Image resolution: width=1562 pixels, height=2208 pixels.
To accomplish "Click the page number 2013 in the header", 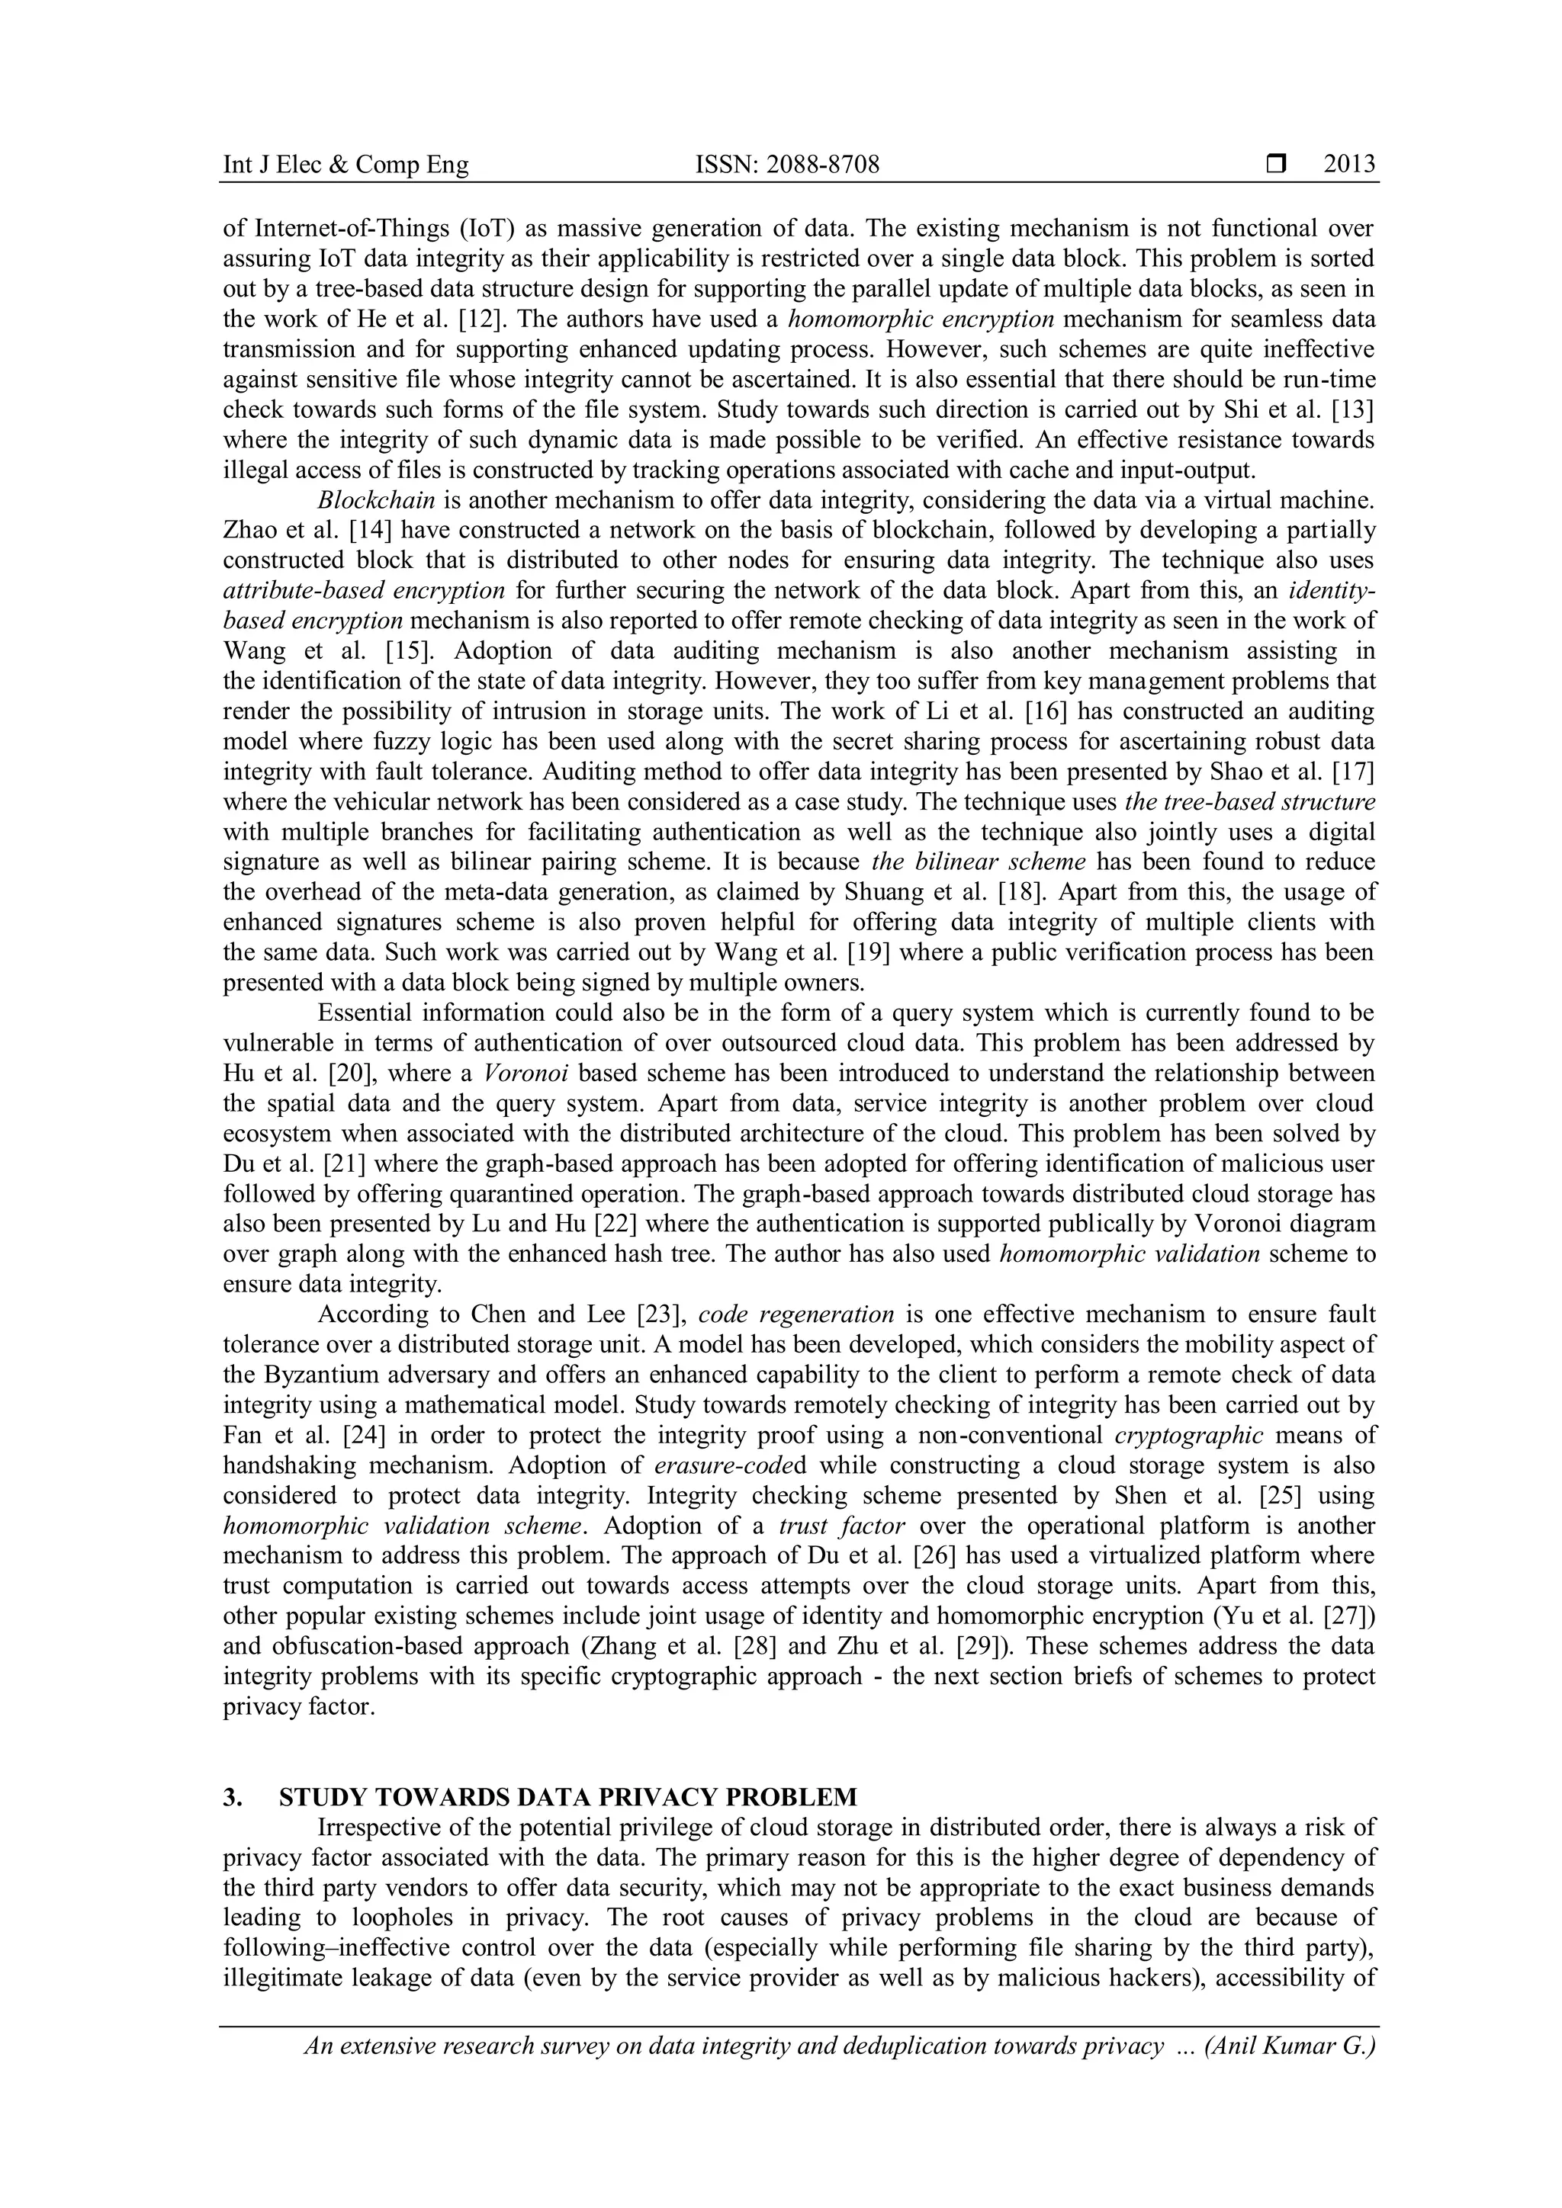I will pyautogui.click(x=1349, y=165).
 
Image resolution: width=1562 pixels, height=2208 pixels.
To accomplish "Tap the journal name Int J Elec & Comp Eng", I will pyautogui.click(x=346, y=165).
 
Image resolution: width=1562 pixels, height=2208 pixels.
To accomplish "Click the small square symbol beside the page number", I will pyautogui.click(x=1276, y=165).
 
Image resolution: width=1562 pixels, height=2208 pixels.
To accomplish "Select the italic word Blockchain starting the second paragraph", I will pyautogui.click(x=376, y=500).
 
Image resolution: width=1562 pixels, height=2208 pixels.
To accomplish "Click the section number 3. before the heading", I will pyautogui.click(x=232, y=1796).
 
